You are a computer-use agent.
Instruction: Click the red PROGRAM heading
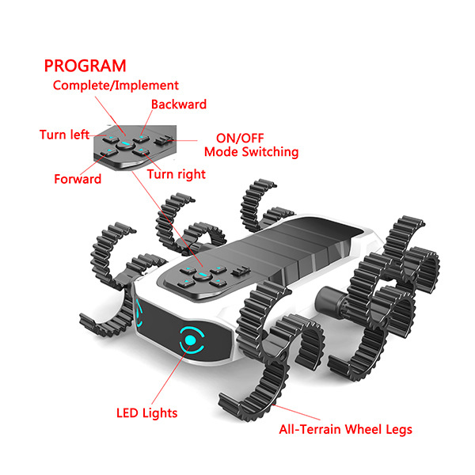[x=85, y=66]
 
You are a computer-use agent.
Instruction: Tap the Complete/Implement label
[x=116, y=85]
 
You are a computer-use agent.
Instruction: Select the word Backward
[x=179, y=104]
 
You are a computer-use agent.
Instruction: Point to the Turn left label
[x=64, y=135]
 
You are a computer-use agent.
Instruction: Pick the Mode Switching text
[x=251, y=151]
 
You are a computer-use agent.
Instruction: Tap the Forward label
[x=78, y=179]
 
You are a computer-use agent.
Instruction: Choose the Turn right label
[x=176, y=174]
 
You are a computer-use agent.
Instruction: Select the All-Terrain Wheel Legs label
[x=345, y=430]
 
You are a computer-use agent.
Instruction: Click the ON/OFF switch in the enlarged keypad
[x=164, y=141]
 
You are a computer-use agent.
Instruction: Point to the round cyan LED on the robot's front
[x=191, y=341]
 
